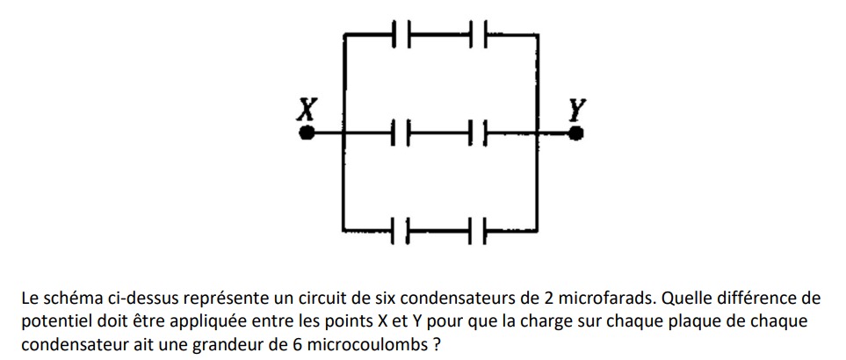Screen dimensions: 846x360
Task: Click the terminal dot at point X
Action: click(x=307, y=133)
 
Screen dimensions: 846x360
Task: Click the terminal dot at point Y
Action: click(x=576, y=133)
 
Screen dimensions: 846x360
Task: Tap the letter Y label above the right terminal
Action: click(x=576, y=110)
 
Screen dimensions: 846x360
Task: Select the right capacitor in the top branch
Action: click(x=478, y=34)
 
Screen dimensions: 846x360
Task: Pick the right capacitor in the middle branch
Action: click(x=478, y=134)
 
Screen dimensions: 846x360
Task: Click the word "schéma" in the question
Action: click(x=71, y=298)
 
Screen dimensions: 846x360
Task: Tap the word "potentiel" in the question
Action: click(x=54, y=321)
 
